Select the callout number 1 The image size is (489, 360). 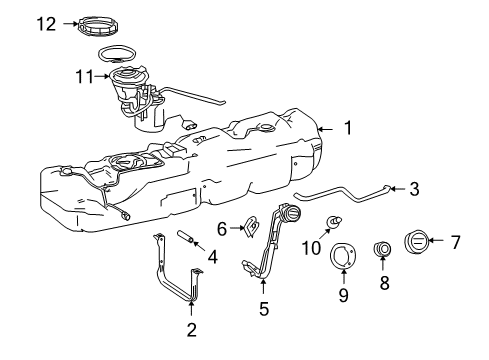(347, 128)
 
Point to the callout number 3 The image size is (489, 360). (413, 187)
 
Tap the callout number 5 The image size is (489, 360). (264, 309)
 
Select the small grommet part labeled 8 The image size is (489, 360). (381, 249)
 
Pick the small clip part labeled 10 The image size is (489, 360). (334, 222)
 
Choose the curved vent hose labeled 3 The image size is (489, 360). (340, 198)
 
